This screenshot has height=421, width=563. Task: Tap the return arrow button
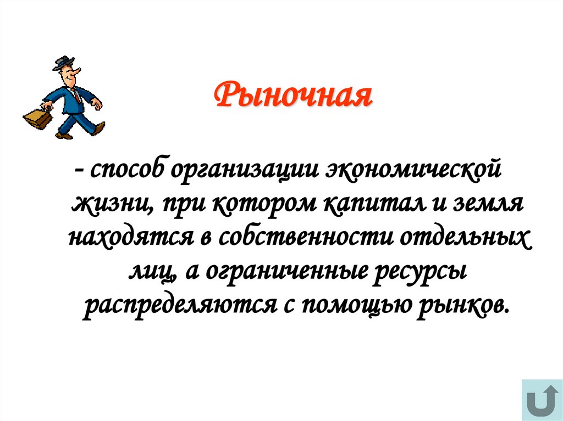point(540,400)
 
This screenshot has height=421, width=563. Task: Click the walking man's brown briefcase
point(37,116)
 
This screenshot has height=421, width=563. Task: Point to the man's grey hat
point(63,63)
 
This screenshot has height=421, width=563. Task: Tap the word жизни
point(111,205)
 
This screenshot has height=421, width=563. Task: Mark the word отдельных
point(467,238)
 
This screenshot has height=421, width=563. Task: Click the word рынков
point(460,305)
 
